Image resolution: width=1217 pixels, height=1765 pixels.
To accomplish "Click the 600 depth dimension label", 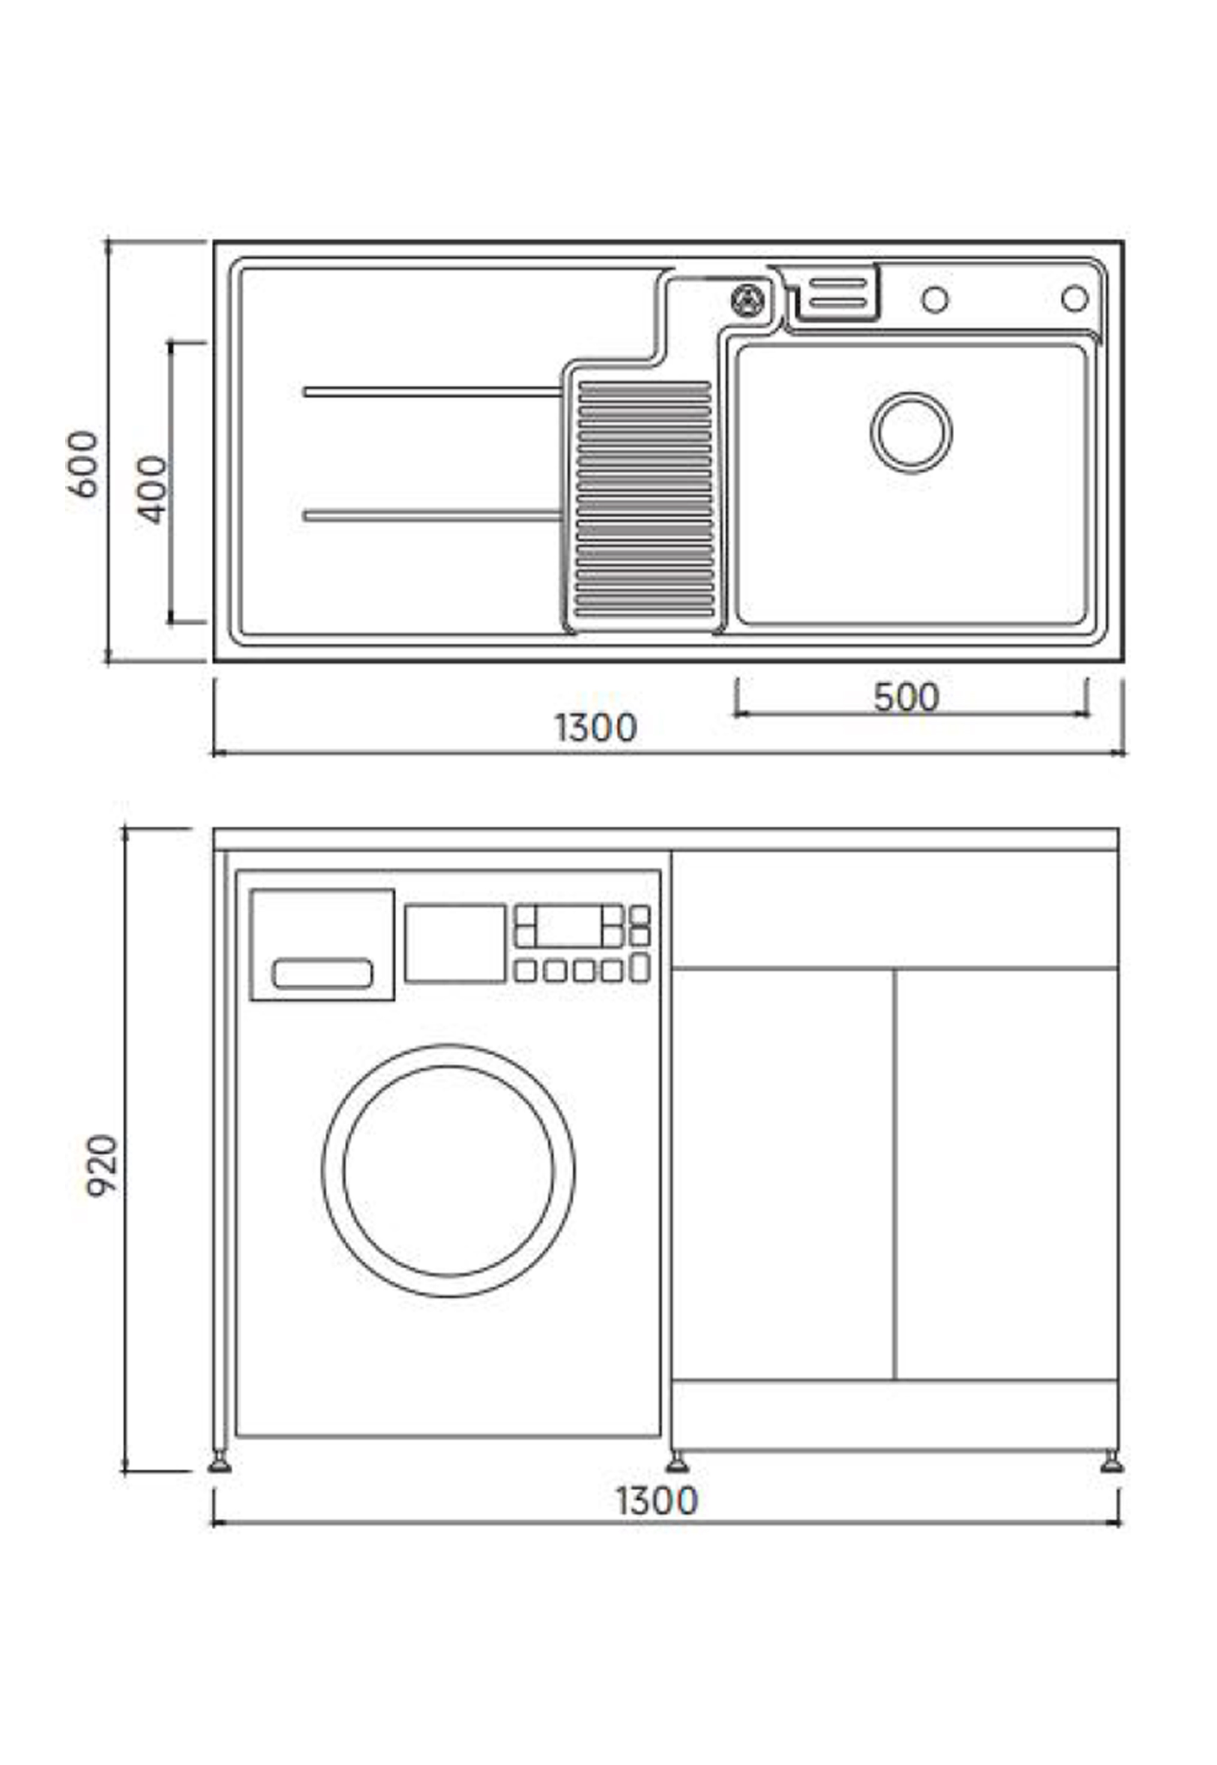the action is coord(82,464).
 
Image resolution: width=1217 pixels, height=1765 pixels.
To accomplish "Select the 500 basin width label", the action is coord(906,697).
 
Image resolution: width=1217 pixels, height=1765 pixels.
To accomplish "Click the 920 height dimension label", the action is coord(102,1166).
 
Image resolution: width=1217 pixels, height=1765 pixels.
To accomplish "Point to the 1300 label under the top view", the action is coord(595,728).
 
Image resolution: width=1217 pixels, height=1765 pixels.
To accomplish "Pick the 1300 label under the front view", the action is coord(657,1501).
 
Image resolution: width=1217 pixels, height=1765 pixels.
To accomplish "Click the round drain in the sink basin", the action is coord(911,432).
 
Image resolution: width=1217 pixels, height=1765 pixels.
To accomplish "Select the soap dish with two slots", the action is coord(837,293).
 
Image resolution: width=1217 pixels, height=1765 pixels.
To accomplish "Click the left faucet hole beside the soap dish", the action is coord(935,299).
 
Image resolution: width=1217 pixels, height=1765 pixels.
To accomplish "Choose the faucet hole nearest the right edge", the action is coord(1074,299).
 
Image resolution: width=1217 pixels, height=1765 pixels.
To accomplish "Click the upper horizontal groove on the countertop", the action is coord(432,392).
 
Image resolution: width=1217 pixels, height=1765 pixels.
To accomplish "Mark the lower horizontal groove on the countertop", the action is coord(432,516).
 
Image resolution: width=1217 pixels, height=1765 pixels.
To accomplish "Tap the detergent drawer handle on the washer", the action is coord(322,974).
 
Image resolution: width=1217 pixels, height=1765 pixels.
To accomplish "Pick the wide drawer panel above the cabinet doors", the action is coord(895,909).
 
